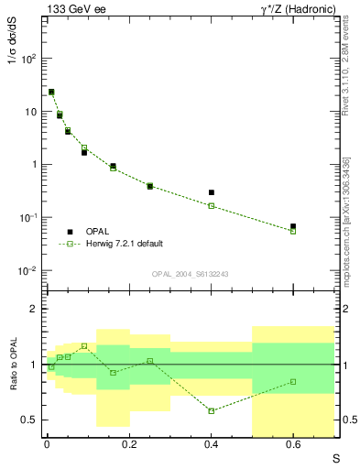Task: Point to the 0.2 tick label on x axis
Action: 129,445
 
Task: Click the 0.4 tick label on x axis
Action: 212,445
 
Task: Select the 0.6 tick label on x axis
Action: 293,445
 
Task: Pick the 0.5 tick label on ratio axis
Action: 29,420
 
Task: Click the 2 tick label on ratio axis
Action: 34,310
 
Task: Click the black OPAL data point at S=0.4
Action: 212,192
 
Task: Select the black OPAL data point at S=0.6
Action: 293,226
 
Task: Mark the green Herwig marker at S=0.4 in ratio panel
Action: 212,410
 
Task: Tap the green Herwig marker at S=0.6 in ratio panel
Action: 293,382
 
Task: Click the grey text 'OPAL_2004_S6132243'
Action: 191,274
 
